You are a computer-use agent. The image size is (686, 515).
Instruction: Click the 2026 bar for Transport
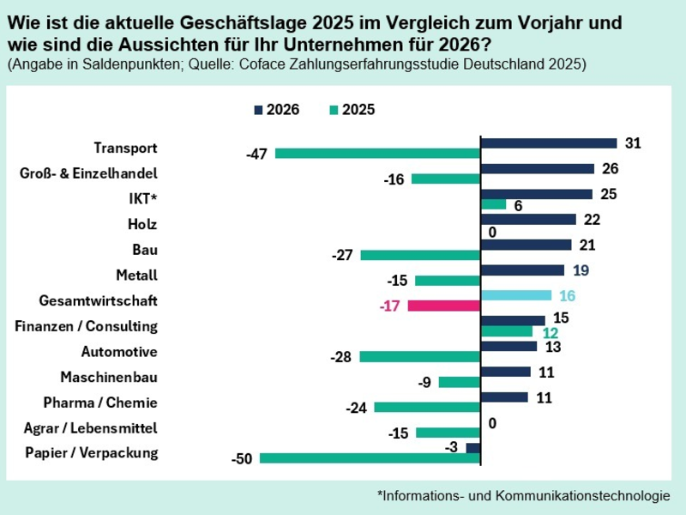549,143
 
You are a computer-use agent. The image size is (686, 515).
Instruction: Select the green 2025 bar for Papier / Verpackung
370,458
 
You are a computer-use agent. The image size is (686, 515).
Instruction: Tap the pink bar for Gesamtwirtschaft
444,306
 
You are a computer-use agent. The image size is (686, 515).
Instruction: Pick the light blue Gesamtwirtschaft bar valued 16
516,295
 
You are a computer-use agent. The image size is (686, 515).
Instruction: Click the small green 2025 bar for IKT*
494,204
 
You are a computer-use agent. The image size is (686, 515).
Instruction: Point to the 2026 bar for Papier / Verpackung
473,448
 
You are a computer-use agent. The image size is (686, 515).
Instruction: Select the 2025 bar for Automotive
420,356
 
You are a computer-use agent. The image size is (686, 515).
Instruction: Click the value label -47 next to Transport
256,154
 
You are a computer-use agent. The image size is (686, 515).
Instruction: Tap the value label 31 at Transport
633,143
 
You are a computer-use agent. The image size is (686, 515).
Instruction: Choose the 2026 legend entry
275,110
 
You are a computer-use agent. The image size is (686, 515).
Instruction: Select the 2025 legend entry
351,110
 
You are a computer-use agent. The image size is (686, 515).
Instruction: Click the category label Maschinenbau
109,377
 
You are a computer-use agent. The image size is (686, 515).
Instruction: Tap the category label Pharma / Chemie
100,403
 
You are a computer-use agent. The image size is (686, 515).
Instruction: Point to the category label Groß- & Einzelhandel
88,173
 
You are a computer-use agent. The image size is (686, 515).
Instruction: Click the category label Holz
141,224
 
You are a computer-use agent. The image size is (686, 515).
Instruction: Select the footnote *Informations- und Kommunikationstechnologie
523,495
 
